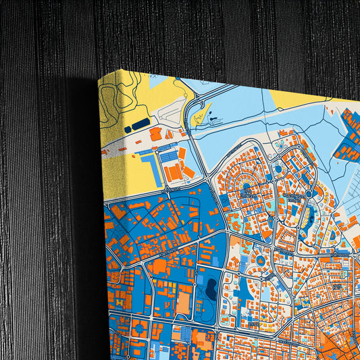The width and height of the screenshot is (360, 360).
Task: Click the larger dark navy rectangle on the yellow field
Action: [x=140, y=124]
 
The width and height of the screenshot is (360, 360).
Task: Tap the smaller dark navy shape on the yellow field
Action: [x=128, y=128]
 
